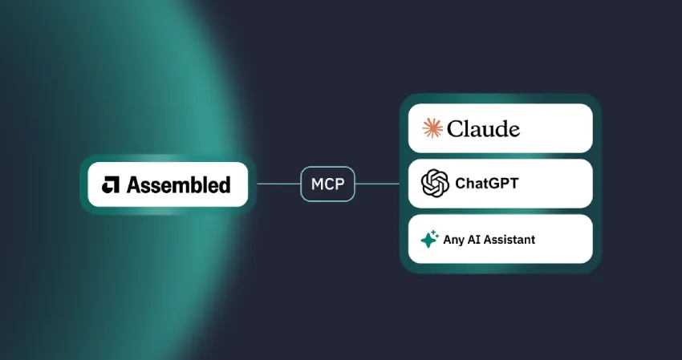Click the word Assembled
(x=178, y=184)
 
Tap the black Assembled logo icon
(x=111, y=184)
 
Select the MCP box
(x=327, y=184)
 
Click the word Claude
(x=483, y=129)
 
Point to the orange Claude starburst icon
(x=432, y=128)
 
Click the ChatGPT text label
(x=487, y=184)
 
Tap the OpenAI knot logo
(x=435, y=184)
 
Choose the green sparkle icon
(x=430, y=239)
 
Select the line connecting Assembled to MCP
(x=278, y=184)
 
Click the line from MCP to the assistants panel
(x=377, y=184)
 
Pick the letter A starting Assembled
(x=133, y=184)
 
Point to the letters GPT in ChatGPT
(x=504, y=184)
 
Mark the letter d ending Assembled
(x=225, y=184)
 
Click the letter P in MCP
(x=340, y=184)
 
